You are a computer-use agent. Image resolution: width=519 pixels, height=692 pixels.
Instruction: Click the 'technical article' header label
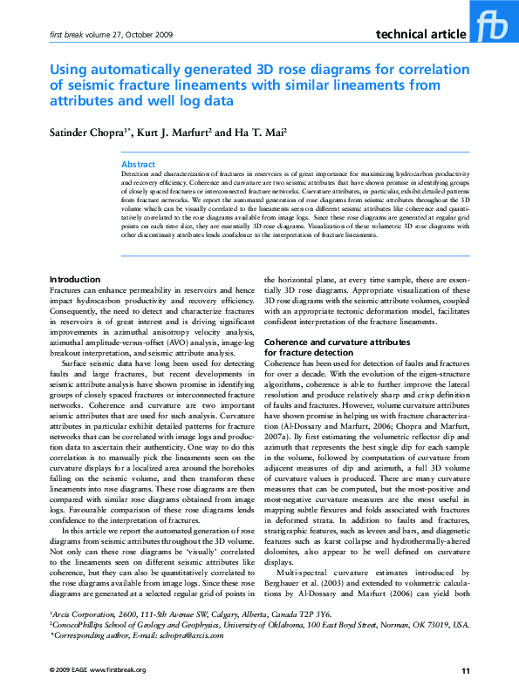tap(420, 34)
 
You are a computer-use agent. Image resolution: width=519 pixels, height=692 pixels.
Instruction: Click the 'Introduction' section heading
tap(76, 279)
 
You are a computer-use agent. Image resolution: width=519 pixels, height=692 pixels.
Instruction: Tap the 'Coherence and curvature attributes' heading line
tap(336, 343)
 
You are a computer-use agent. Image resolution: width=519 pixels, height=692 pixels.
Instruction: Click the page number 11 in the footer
tap(465, 670)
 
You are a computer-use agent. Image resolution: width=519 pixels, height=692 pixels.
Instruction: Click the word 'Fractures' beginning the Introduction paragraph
tap(65, 288)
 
